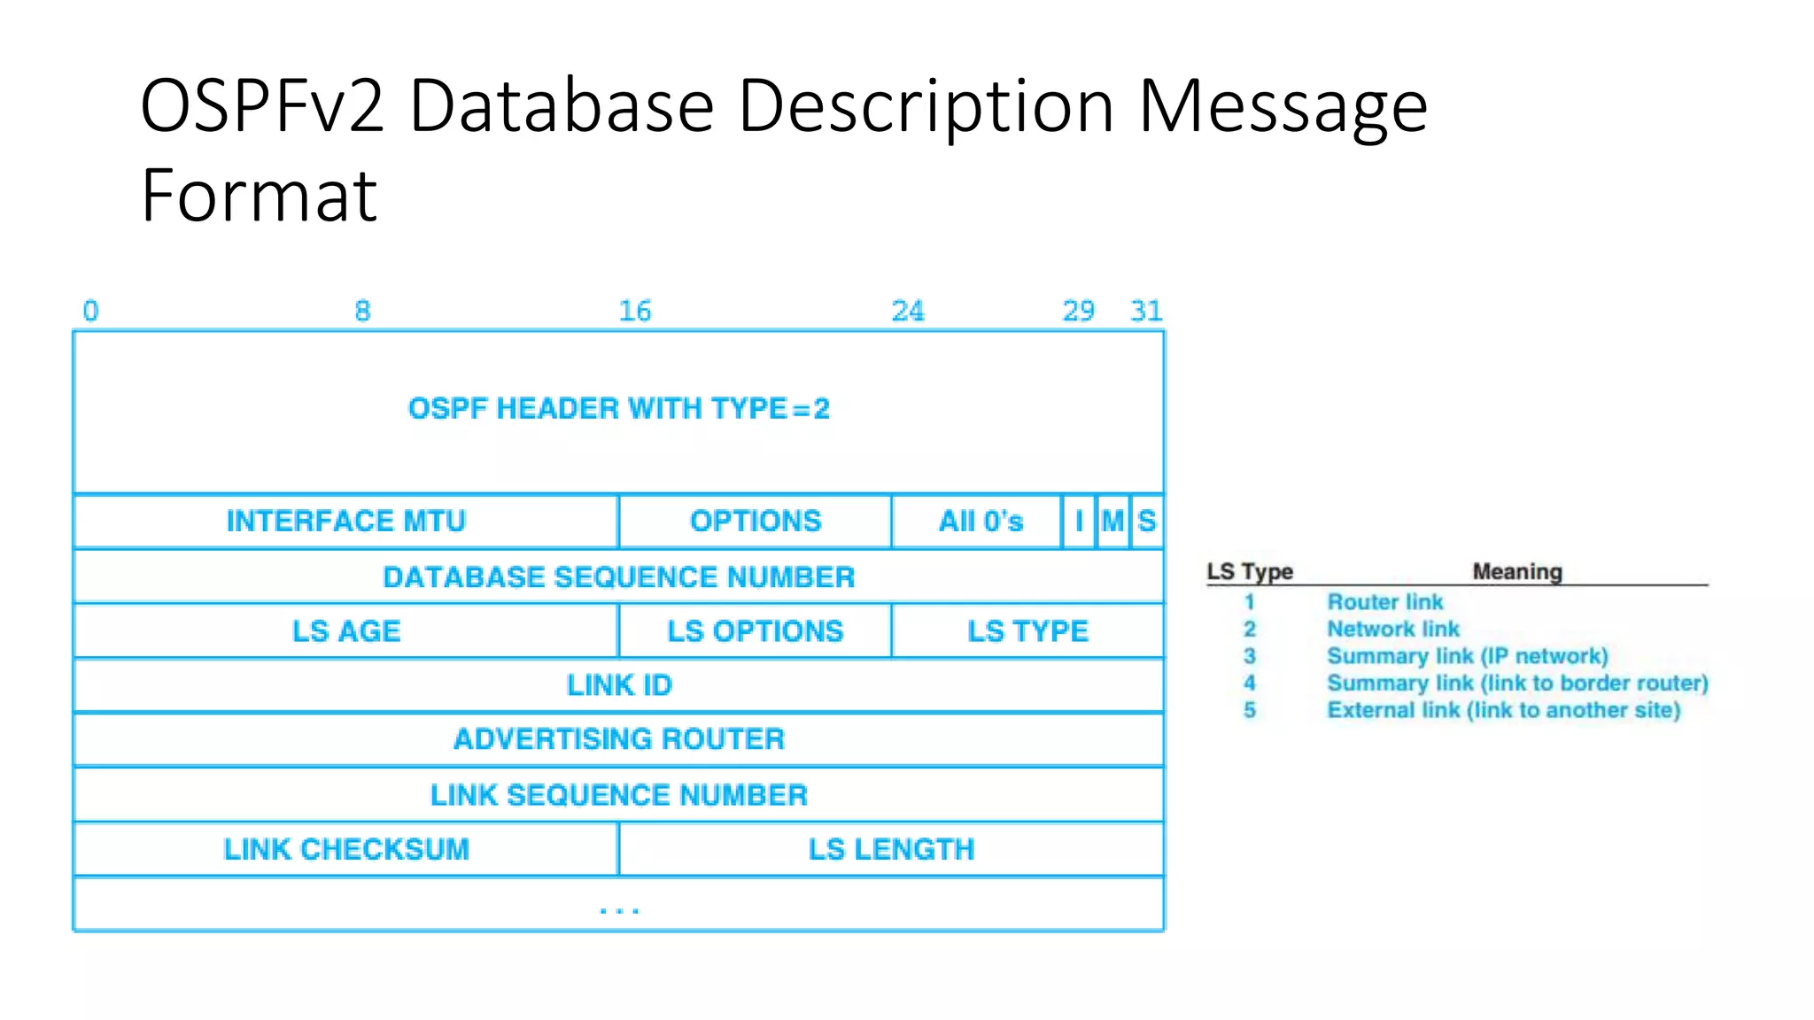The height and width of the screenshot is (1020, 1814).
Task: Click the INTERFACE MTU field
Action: coord(345,522)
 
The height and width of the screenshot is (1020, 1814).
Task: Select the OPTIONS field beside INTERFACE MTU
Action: coord(756,522)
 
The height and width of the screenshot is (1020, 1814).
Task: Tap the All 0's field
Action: coord(981,522)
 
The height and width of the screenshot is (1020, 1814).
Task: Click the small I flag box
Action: coord(1079,522)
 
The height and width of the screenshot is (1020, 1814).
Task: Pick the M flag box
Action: coord(1112,522)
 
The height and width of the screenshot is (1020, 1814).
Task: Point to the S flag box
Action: coord(1147,522)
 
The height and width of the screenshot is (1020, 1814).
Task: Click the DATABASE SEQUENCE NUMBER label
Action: coord(618,577)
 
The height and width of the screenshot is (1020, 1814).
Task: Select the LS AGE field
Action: coord(345,631)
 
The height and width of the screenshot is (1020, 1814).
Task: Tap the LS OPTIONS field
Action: coord(756,631)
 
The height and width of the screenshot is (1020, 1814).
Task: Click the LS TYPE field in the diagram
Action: coord(1027,631)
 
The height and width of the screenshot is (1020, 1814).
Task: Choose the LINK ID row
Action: coord(618,685)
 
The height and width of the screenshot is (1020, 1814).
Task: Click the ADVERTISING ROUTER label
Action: coord(618,739)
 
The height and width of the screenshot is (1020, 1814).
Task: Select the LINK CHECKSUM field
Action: coord(345,850)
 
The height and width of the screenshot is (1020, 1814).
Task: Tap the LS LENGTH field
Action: coord(891,850)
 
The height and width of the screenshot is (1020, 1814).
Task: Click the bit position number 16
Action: coord(634,311)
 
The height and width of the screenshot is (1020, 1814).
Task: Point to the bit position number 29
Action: coord(1078,311)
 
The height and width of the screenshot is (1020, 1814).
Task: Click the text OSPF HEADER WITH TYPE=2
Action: coord(618,409)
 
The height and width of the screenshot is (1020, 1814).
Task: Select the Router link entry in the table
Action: coord(1384,602)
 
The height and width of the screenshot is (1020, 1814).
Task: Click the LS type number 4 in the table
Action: coord(1249,683)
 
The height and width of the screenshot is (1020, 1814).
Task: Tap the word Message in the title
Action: coord(1283,106)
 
